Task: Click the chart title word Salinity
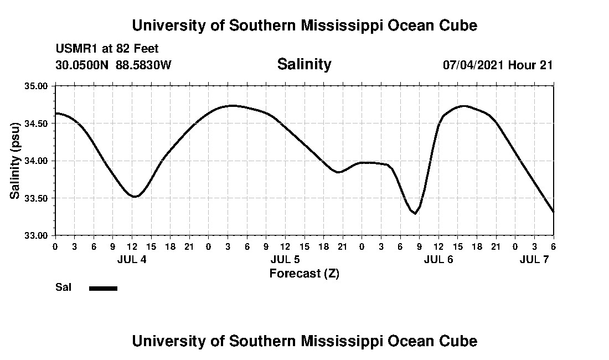pyautogui.click(x=304, y=64)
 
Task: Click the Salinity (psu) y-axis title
pyautogui.click(x=16, y=160)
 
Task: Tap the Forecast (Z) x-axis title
pyautogui.click(x=304, y=273)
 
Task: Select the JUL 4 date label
pyautogui.click(x=132, y=259)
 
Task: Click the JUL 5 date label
pyautogui.click(x=285, y=259)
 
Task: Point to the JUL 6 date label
pyautogui.click(x=438, y=259)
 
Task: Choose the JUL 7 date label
pyautogui.click(x=534, y=259)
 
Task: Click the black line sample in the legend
pyautogui.click(x=103, y=288)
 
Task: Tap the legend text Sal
pyautogui.click(x=63, y=287)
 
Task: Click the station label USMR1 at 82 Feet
pyautogui.click(x=107, y=49)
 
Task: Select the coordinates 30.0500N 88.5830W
pyautogui.click(x=113, y=65)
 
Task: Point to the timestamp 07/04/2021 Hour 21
pyautogui.click(x=497, y=65)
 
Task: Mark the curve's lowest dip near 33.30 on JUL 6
pyautogui.click(x=415, y=213)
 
